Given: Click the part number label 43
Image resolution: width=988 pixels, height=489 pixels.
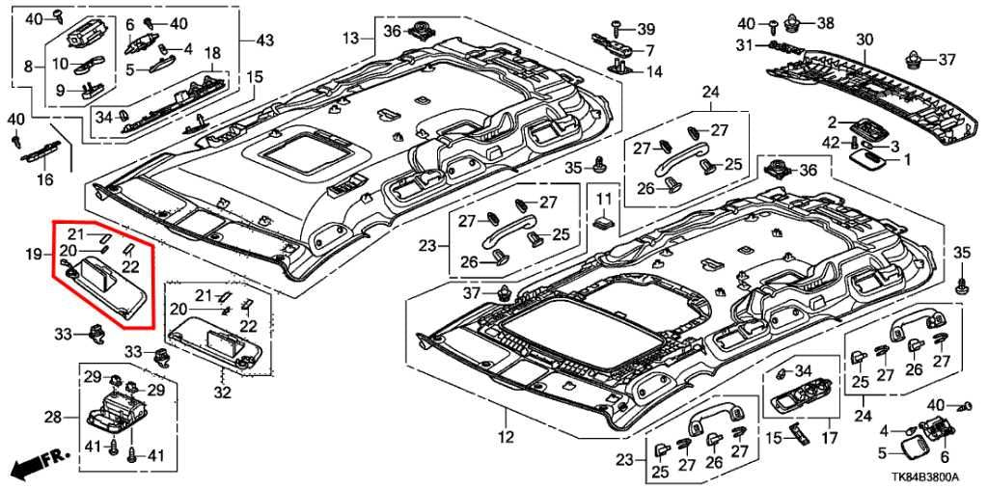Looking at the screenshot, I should click(264, 40).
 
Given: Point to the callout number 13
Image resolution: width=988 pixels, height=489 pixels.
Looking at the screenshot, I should click(351, 38).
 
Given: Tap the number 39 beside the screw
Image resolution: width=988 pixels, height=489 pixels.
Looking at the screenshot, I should click(645, 28).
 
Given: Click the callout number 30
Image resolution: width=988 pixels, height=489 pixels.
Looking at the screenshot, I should click(864, 40).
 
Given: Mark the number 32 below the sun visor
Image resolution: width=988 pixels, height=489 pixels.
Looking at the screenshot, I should click(223, 393).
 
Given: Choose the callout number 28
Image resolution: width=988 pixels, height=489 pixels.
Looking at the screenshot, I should click(53, 417).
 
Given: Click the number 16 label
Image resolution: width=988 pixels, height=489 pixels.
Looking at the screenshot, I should click(45, 179).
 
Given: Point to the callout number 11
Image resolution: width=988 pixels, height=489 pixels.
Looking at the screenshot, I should click(604, 199).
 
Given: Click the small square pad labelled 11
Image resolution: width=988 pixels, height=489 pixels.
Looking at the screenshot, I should click(605, 224).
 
